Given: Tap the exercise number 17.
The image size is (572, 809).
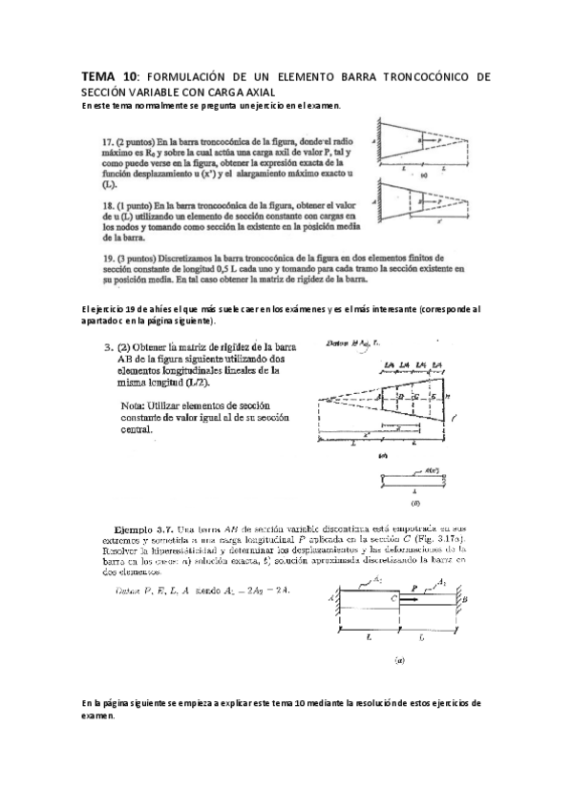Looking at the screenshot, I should click(107, 140).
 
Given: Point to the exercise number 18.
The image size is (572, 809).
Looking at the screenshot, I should click(107, 205).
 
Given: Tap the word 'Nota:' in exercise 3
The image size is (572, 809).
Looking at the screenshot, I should click(137, 405).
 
